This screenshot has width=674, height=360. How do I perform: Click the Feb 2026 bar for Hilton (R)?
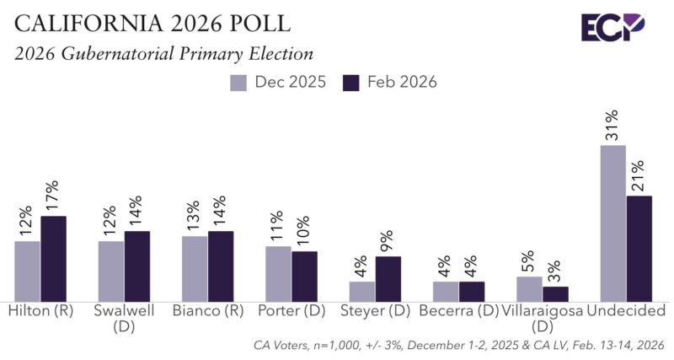click(53, 258)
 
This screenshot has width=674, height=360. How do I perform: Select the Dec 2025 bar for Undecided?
click(612, 223)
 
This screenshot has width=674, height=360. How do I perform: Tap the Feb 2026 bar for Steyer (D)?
click(388, 278)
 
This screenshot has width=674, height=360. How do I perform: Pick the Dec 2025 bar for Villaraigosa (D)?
click(529, 287)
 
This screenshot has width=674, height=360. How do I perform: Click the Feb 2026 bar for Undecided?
click(639, 248)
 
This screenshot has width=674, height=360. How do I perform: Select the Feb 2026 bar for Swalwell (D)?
click(136, 266)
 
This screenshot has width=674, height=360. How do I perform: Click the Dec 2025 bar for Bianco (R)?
click(195, 267)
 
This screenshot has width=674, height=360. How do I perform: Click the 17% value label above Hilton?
click(53, 196)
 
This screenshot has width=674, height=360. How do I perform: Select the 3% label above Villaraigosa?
click(556, 271)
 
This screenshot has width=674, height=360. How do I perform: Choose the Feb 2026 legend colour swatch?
click(350, 83)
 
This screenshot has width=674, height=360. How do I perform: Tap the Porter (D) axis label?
click(292, 310)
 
